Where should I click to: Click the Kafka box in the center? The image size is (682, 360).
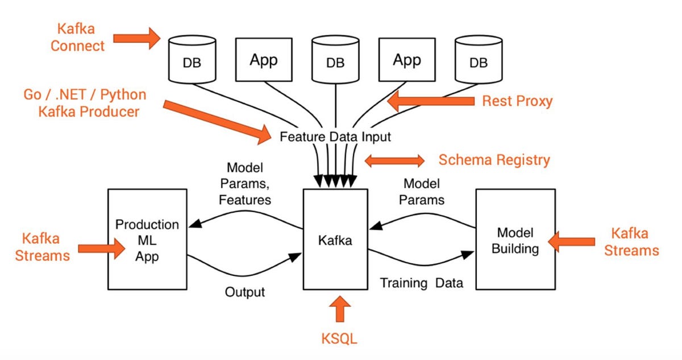tap(335, 240)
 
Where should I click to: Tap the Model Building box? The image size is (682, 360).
tap(515, 240)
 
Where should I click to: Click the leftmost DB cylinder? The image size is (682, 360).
tap(192, 60)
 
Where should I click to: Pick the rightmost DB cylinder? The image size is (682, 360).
tap(479, 60)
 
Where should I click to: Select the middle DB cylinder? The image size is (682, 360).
tap(335, 60)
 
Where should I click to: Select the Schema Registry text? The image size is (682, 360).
tap(494, 160)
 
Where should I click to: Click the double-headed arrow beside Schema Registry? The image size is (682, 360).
tap(394, 160)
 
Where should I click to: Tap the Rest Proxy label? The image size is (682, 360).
tap(517, 101)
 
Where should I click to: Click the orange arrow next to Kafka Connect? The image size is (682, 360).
tap(138, 39)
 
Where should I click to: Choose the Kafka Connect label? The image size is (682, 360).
tap(78, 37)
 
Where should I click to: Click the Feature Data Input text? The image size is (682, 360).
tap(335, 137)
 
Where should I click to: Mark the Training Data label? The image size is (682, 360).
tap(421, 283)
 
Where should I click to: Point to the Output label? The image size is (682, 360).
tap(245, 292)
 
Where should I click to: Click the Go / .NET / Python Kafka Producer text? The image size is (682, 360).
tap(85, 103)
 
